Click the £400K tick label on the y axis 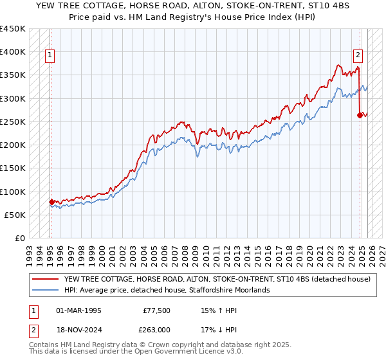(x=13, y=52)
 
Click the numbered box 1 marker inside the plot (x=50, y=55)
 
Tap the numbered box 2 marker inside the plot (x=358, y=55)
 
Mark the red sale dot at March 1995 (x=51, y=202)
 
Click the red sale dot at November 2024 (x=360, y=115)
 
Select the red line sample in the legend (x=46, y=280)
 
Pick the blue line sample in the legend (x=46, y=290)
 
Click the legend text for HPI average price (x=167, y=290)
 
